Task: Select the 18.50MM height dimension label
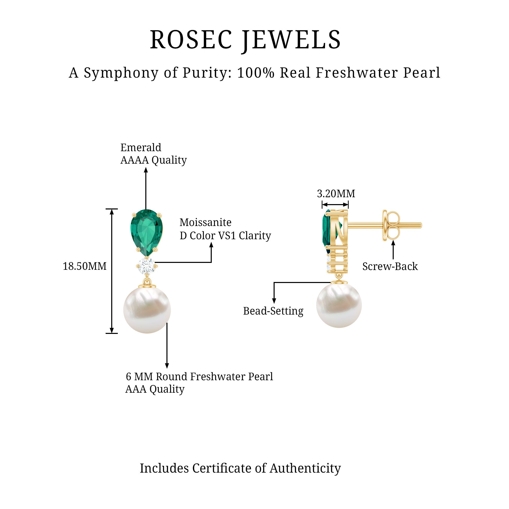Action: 84,266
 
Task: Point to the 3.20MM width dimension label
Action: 336,194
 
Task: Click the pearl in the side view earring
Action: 339,306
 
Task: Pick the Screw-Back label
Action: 390,266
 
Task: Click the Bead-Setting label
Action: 273,311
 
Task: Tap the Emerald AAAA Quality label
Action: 153,154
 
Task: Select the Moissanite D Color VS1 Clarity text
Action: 225,229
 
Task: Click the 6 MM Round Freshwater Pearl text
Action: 199,376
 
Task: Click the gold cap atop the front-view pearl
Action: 147,285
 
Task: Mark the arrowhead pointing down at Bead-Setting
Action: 274,301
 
